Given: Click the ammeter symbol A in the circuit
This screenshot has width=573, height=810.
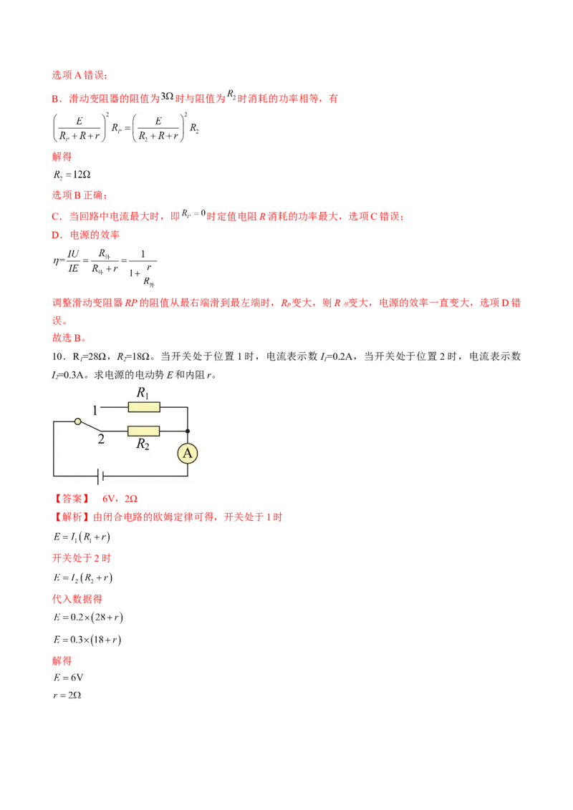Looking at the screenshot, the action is click(x=187, y=454).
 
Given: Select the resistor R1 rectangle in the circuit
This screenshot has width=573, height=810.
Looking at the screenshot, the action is click(x=144, y=408).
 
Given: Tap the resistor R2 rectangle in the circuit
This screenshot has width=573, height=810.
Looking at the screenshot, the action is click(x=143, y=431).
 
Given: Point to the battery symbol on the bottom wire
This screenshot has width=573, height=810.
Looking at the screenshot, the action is click(x=100, y=476).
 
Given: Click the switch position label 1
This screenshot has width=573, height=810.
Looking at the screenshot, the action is click(x=95, y=410).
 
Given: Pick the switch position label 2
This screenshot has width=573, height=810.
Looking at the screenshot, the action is click(x=101, y=439).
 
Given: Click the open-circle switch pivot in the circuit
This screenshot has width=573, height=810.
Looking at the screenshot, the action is click(x=77, y=421).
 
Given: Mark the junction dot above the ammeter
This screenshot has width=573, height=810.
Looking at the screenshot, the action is click(x=187, y=431).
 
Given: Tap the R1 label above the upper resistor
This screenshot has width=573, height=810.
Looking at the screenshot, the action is click(x=143, y=393).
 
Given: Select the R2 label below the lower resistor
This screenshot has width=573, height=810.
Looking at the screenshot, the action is click(x=143, y=444).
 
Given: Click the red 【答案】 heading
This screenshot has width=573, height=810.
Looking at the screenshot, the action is click(x=72, y=499).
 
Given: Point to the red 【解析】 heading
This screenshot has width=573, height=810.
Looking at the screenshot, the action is click(x=72, y=517).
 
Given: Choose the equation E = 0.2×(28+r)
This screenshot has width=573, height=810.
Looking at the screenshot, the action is click(x=88, y=618).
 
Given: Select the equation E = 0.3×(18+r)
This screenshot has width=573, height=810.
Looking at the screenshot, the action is click(x=87, y=640).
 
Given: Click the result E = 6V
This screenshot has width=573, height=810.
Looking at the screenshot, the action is click(x=68, y=678).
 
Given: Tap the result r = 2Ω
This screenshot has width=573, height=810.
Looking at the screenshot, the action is click(x=67, y=696).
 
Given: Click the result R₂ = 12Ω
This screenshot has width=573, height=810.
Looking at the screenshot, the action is click(x=72, y=175).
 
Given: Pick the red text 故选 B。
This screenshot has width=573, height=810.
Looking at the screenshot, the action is click(x=69, y=338).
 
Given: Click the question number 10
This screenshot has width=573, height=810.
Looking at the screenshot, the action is click(x=58, y=356).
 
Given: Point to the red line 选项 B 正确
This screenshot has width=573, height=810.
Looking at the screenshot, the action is click(x=80, y=195).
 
